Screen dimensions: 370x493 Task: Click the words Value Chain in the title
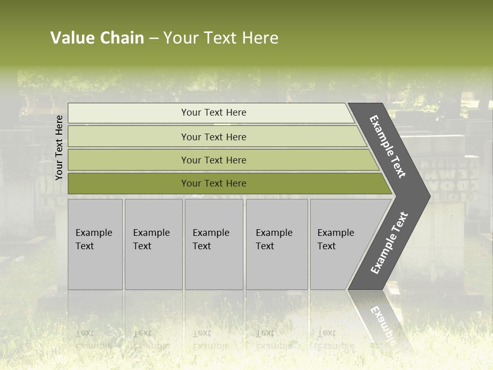(97, 38)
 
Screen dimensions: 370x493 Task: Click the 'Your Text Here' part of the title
(221, 38)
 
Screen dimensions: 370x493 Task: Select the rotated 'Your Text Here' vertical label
(59, 147)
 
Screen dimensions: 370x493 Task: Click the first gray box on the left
(95, 244)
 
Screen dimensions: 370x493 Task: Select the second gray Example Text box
(154, 244)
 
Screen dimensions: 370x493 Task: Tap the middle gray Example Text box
(214, 244)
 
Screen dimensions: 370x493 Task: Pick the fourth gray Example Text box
(277, 244)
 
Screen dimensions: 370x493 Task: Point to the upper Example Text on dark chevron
(388, 146)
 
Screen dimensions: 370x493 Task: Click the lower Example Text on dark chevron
(389, 243)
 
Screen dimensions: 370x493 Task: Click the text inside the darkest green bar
(214, 183)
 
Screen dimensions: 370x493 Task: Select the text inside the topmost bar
(214, 113)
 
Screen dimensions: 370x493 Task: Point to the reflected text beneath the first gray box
(94, 339)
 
